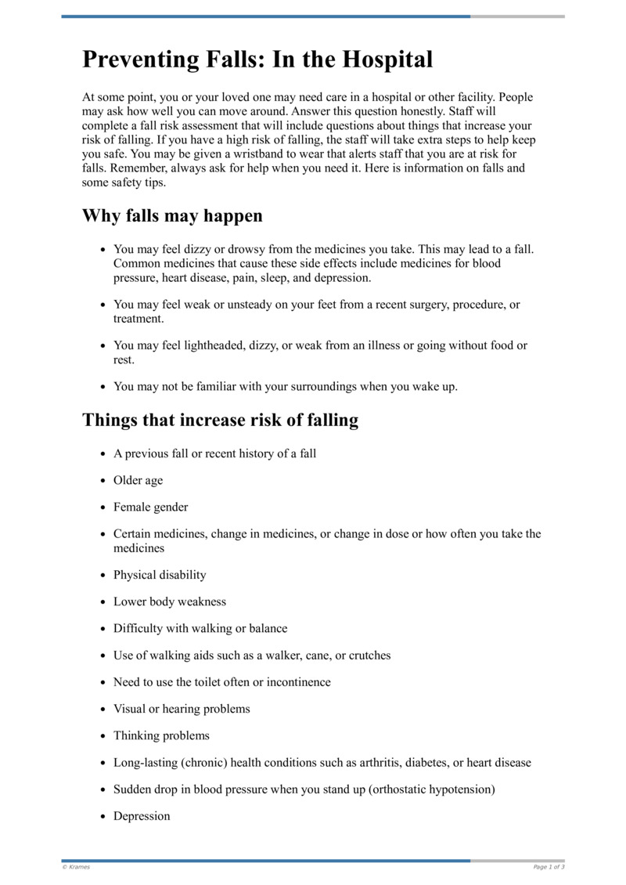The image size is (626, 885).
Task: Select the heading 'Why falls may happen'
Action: (172, 215)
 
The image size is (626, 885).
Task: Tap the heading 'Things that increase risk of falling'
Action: (220, 420)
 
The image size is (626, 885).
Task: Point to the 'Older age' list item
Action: (138, 480)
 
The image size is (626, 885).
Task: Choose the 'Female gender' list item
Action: (150, 507)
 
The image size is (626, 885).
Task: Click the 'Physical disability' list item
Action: (160, 574)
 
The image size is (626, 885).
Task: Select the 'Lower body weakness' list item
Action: (169, 601)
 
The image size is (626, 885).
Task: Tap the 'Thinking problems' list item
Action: (161, 735)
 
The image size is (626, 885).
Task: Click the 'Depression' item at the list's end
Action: (142, 816)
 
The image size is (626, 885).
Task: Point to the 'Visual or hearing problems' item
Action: (182, 709)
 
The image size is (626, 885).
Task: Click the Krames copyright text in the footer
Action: (76, 867)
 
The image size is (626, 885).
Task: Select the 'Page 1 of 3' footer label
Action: (549, 867)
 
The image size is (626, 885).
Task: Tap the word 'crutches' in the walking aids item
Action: (368, 655)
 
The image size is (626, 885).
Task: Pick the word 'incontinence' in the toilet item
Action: (298, 681)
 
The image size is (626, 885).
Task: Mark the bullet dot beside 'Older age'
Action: (103, 481)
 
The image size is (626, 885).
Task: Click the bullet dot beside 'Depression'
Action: (103, 817)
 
